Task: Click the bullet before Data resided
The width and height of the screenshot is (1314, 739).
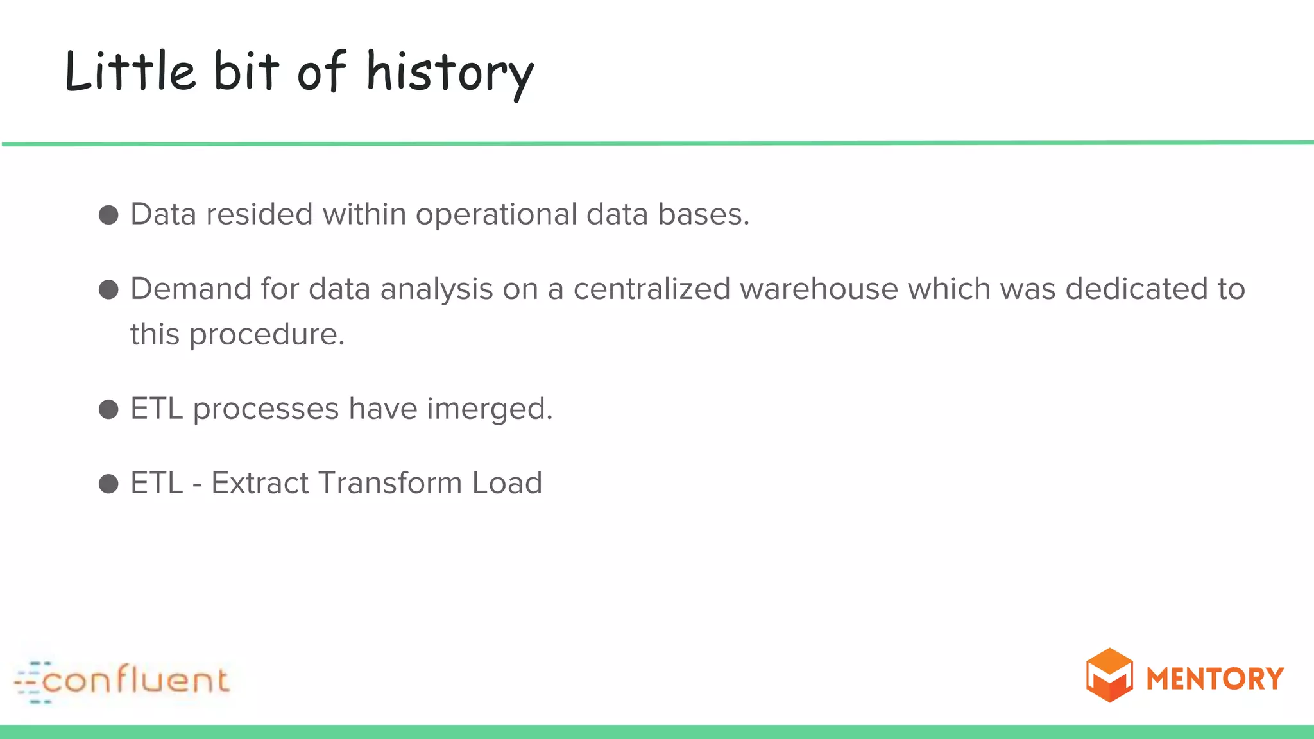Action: click(108, 215)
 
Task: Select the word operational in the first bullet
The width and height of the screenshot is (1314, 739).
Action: click(496, 215)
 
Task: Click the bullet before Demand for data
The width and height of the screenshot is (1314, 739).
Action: click(108, 289)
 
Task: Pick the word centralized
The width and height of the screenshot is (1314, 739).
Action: click(651, 289)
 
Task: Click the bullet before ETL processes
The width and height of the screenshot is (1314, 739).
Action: click(108, 409)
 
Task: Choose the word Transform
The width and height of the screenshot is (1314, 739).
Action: click(390, 484)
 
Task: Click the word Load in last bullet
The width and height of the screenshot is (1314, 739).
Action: click(507, 484)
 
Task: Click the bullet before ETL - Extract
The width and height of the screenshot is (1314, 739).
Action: click(108, 484)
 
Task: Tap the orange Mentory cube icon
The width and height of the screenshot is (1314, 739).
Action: click(1109, 675)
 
